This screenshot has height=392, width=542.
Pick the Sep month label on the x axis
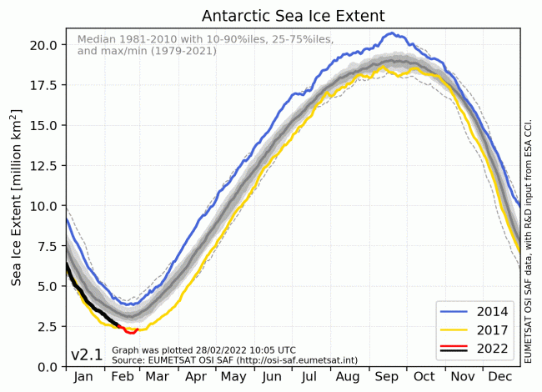click(389, 378)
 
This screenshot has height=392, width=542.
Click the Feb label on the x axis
click(123, 378)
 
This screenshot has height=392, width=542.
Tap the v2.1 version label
click(87, 354)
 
